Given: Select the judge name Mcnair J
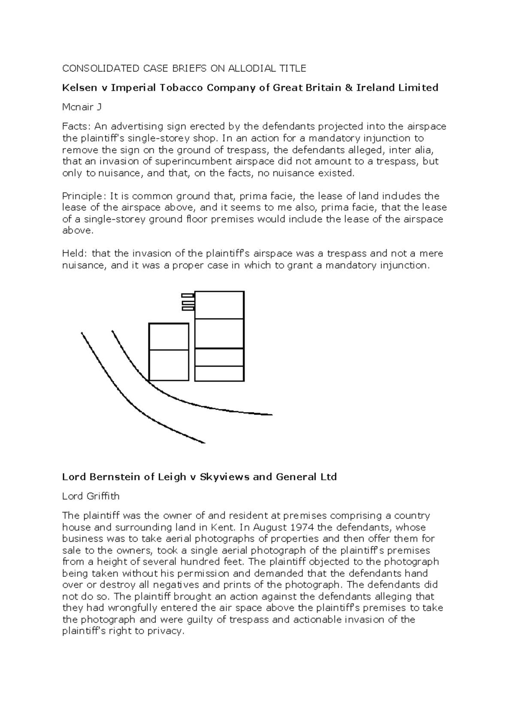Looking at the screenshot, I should [82, 107].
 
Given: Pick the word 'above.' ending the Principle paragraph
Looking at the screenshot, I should [77, 231].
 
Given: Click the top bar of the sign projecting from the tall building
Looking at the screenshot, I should [188, 295].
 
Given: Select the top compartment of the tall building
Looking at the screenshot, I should [219, 305].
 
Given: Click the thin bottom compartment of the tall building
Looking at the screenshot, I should [219, 373].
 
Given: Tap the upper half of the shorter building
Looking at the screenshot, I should [169, 337].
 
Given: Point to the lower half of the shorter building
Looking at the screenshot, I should [169, 365].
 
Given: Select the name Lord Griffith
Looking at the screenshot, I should [91, 496].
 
